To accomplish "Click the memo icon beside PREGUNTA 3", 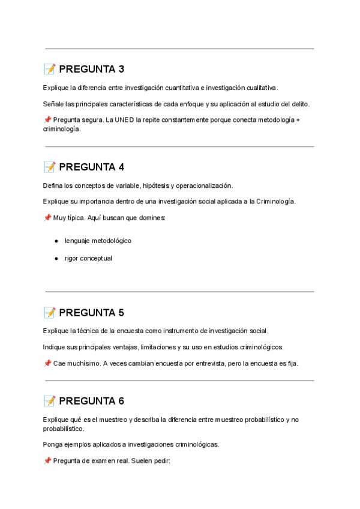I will point(49,69).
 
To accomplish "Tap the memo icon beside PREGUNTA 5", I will point(49,313).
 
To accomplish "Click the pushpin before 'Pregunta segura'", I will point(47,120).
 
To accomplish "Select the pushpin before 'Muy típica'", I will point(47,218).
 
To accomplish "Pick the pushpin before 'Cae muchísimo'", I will point(47,364).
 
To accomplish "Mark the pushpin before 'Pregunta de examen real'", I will point(47,461).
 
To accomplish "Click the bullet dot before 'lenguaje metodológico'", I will point(56,241).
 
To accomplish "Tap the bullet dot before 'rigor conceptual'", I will point(56,259).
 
